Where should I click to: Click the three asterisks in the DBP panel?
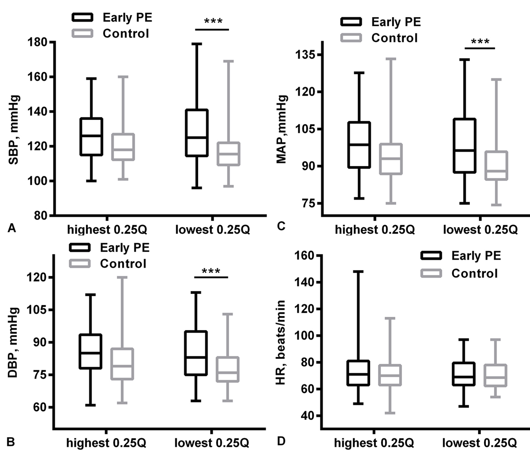[210, 271]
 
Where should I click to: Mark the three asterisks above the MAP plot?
[479, 42]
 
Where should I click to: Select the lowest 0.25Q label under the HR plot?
[479, 443]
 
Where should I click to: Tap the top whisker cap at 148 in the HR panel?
[358, 271]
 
